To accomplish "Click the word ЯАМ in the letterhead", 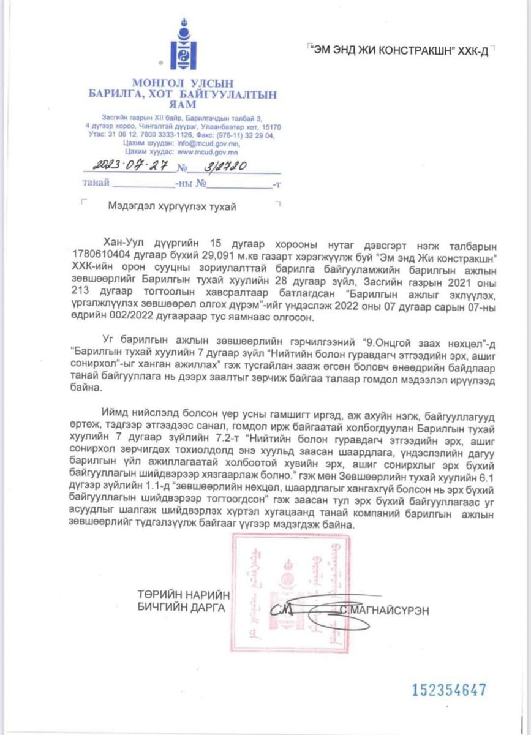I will point(181,105).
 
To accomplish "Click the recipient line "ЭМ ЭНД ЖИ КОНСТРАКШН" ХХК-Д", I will point(400,51).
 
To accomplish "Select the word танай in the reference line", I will point(96,183).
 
